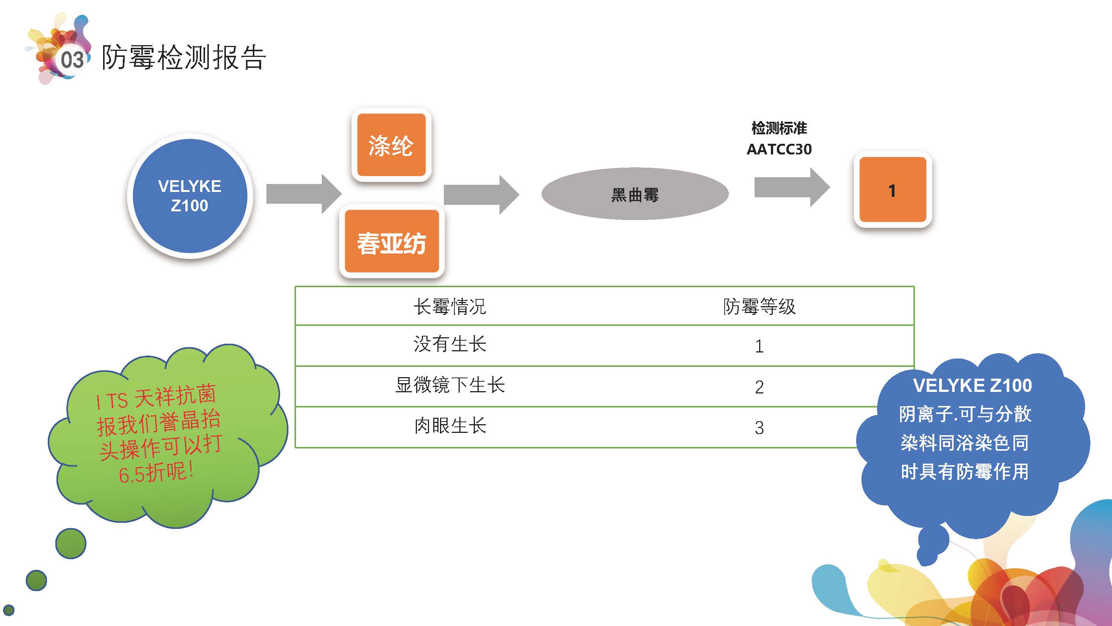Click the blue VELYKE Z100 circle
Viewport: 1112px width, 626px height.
(190, 196)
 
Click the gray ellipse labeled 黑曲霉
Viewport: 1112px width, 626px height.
(634, 194)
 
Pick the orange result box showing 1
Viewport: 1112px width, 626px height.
(892, 190)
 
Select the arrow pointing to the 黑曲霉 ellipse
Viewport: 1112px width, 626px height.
(481, 194)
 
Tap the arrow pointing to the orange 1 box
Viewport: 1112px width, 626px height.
(791, 187)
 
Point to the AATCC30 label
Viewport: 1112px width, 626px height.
(779, 149)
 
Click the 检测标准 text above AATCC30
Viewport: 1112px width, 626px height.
(779, 128)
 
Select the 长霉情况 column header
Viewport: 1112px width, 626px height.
(450, 306)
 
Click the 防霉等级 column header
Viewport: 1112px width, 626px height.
(759, 306)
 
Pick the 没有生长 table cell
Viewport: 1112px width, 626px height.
(450, 344)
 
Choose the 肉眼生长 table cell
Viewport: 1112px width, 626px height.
(450, 426)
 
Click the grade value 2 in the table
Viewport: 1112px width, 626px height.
(759, 387)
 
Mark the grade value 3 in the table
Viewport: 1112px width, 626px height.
(759, 428)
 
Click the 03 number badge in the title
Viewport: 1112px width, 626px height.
(72, 60)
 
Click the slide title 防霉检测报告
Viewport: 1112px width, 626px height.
(183, 57)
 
